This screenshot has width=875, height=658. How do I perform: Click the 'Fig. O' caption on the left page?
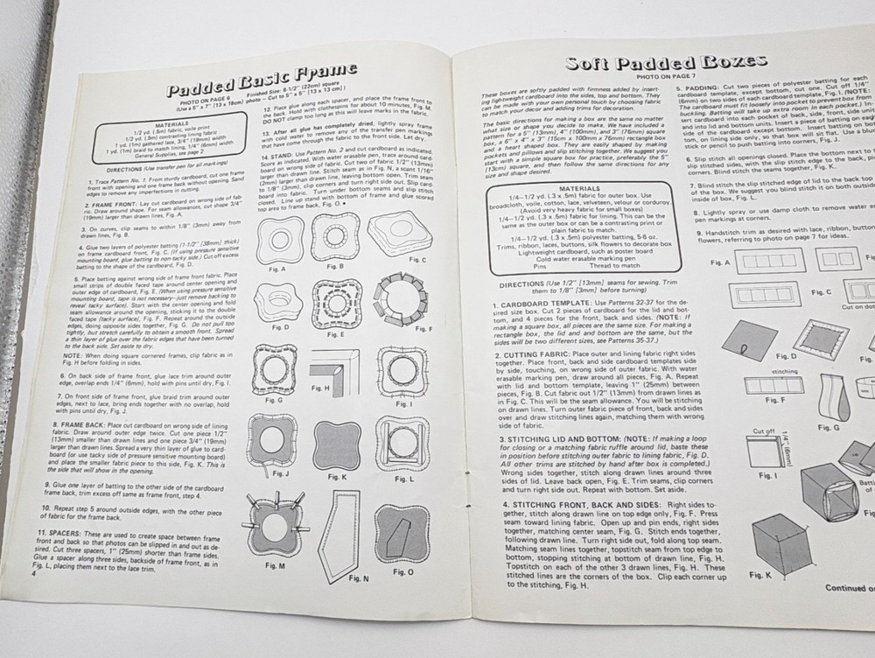[403, 571]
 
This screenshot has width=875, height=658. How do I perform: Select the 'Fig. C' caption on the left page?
[417, 260]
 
